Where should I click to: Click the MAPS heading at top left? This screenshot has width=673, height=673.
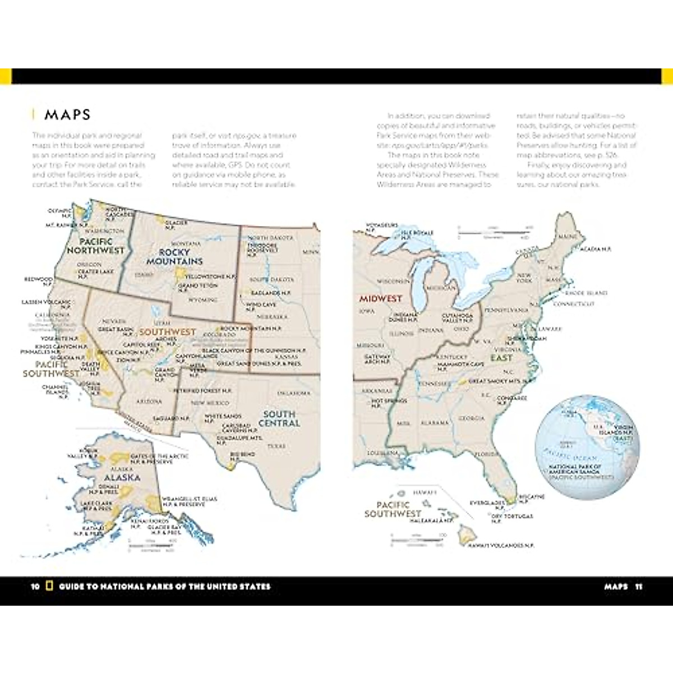[x=67, y=115]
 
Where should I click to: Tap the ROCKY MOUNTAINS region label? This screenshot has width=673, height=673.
[x=174, y=257]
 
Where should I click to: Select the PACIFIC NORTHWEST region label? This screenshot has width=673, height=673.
[x=95, y=246]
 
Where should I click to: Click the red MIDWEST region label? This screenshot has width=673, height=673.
[x=381, y=299]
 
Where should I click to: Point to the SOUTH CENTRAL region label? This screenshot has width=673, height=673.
[x=279, y=418]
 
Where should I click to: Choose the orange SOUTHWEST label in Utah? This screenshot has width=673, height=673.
[x=167, y=332]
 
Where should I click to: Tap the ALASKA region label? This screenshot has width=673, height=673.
[x=122, y=477]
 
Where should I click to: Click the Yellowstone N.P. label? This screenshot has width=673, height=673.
[x=210, y=276]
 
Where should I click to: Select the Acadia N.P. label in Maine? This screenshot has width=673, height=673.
[x=596, y=248]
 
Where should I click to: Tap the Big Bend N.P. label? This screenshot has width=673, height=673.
[x=242, y=456]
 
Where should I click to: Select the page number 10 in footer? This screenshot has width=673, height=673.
[x=35, y=587]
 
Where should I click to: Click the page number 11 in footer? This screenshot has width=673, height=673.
[x=638, y=587]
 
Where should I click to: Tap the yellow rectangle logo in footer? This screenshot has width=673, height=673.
[x=49, y=587]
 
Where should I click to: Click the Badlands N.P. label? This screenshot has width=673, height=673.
[x=270, y=293]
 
